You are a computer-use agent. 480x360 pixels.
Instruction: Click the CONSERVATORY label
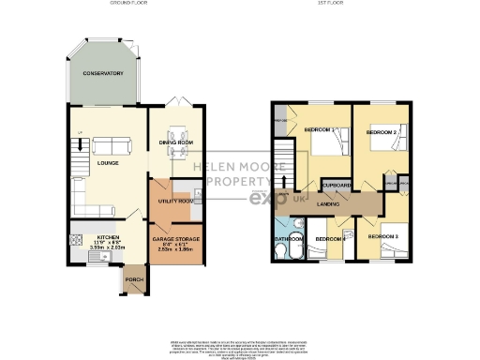point(102,74)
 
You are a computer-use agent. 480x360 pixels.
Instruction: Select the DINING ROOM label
point(175,142)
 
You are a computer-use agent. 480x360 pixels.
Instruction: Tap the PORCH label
point(133,279)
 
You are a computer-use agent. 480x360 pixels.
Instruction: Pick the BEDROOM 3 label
point(382,237)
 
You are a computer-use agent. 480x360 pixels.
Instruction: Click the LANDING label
point(328,204)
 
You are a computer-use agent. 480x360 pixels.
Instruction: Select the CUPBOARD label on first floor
point(335,186)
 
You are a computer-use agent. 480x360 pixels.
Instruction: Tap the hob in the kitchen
point(75,240)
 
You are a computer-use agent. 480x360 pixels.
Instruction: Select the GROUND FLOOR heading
point(131,5)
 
